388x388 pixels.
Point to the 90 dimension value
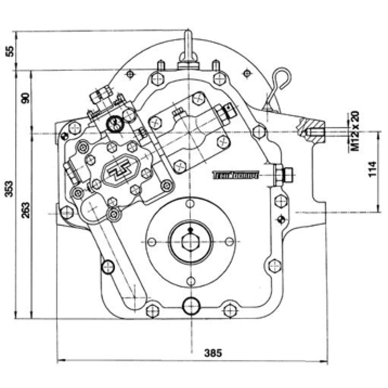tap(26, 98)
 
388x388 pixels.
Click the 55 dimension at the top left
tap(9, 50)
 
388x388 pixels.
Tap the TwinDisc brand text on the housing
tap(235, 175)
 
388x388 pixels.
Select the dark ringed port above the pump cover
tap(114, 123)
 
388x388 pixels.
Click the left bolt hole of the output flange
tap(152, 242)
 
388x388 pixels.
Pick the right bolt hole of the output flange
tap(228, 242)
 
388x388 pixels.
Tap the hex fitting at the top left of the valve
tap(98, 95)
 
